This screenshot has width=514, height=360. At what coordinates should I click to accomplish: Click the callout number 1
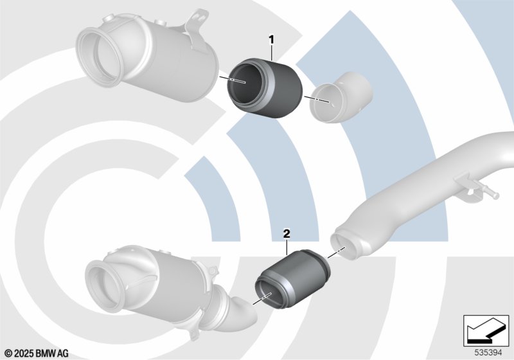[271, 40]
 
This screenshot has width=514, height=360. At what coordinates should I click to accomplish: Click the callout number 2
[287, 234]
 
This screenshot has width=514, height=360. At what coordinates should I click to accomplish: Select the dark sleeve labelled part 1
[265, 88]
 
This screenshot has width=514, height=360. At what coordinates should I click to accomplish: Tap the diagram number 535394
[488, 353]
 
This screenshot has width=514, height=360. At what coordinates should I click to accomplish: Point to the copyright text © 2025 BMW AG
[37, 354]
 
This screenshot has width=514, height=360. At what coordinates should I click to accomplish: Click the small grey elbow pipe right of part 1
[341, 97]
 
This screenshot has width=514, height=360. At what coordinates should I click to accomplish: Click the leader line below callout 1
[272, 53]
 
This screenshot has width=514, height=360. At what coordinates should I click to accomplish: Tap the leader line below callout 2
[287, 247]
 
